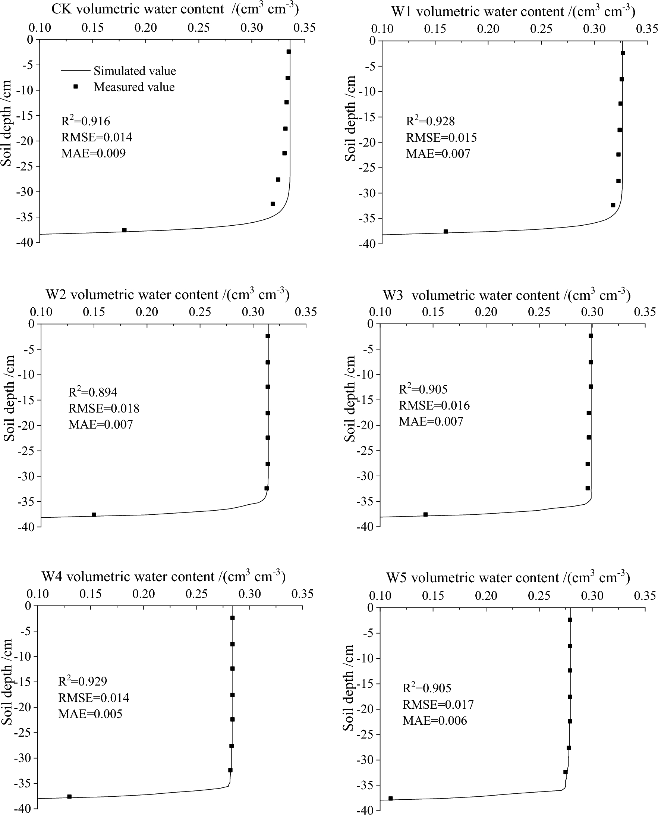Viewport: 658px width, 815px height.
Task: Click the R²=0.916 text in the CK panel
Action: [x=86, y=121]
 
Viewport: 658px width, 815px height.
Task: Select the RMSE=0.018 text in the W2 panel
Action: [x=104, y=408]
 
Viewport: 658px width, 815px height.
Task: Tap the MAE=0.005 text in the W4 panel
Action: [x=90, y=714]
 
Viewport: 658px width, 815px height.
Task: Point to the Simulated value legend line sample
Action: [x=75, y=71]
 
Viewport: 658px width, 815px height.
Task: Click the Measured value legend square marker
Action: [x=75, y=87]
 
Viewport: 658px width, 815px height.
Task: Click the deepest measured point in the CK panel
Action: [x=124, y=230]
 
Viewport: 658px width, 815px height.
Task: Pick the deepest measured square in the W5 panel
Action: [x=391, y=799]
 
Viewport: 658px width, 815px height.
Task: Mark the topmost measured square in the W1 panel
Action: [x=622, y=53]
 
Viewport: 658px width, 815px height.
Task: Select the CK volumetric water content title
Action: [x=175, y=9]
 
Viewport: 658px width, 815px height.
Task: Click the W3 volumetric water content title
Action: [x=506, y=295]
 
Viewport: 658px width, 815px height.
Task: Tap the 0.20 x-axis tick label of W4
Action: [x=144, y=594]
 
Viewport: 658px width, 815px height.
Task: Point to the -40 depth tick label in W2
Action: [x=26, y=527]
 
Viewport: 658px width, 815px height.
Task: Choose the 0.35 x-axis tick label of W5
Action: [x=645, y=596]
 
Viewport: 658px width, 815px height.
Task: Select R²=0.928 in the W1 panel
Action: [x=430, y=121]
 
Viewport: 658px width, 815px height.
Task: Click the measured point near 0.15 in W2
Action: [x=94, y=515]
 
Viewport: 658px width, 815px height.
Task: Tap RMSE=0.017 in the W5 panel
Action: [x=438, y=705]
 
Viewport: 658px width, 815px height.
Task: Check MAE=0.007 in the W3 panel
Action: [x=431, y=421]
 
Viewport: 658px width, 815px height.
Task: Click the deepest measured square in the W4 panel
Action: [x=69, y=797]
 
